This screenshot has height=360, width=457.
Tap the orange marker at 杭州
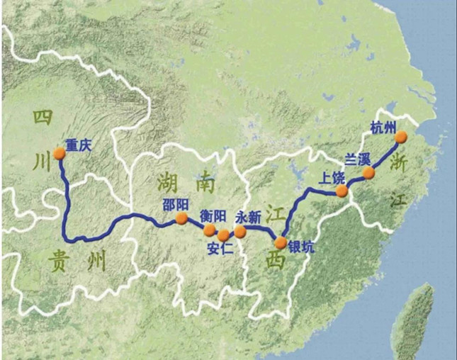[x=402, y=137]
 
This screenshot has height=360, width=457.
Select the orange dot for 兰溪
[x=368, y=173]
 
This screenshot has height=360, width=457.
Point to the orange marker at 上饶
[x=342, y=191]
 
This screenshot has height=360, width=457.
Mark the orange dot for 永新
[x=240, y=232]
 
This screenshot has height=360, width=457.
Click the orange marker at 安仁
[x=224, y=235]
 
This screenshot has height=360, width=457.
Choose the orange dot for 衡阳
[x=209, y=230]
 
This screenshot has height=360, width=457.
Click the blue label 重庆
[x=78, y=146]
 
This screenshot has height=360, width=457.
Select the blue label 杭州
[x=383, y=128]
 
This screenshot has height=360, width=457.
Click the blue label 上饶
[x=332, y=178]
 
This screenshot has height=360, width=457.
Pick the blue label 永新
[x=252, y=216]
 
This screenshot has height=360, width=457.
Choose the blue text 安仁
[x=218, y=249]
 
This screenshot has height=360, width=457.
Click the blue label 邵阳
[x=175, y=203]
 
